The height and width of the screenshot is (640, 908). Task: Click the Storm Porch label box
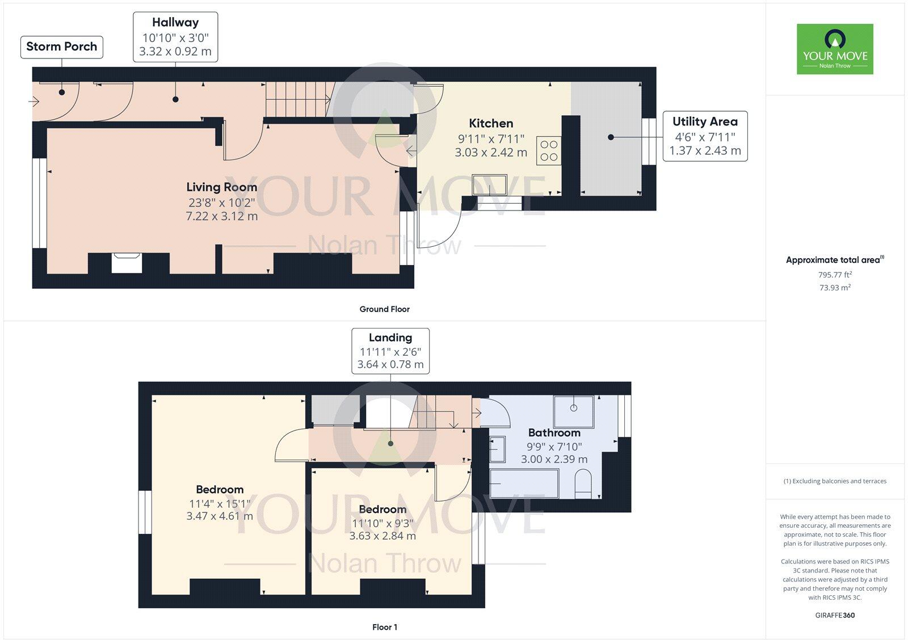click(61, 47)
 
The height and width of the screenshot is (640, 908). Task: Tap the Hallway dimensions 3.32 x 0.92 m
click(175, 52)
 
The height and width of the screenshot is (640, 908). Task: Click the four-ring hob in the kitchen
click(549, 150)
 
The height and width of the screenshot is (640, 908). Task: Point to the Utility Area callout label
click(705, 136)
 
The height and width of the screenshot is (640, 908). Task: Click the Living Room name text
click(221, 187)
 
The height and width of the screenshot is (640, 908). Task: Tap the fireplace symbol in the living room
click(127, 263)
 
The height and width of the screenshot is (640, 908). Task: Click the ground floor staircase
click(298, 99)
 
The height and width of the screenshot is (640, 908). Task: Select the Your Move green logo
click(835, 49)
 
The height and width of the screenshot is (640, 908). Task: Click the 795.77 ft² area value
click(835, 275)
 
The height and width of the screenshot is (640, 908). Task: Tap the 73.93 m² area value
click(835, 288)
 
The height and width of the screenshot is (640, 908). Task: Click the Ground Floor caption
click(384, 309)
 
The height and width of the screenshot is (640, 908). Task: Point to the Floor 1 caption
click(384, 627)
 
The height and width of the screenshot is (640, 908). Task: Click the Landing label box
click(390, 351)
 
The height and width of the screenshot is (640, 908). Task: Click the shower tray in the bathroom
click(574, 411)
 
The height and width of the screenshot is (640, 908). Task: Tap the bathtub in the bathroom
click(524, 483)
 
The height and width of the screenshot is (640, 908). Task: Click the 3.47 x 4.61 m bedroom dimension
click(220, 516)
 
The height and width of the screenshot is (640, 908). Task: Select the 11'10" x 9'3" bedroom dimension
click(382, 523)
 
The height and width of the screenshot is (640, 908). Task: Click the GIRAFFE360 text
click(835, 615)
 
